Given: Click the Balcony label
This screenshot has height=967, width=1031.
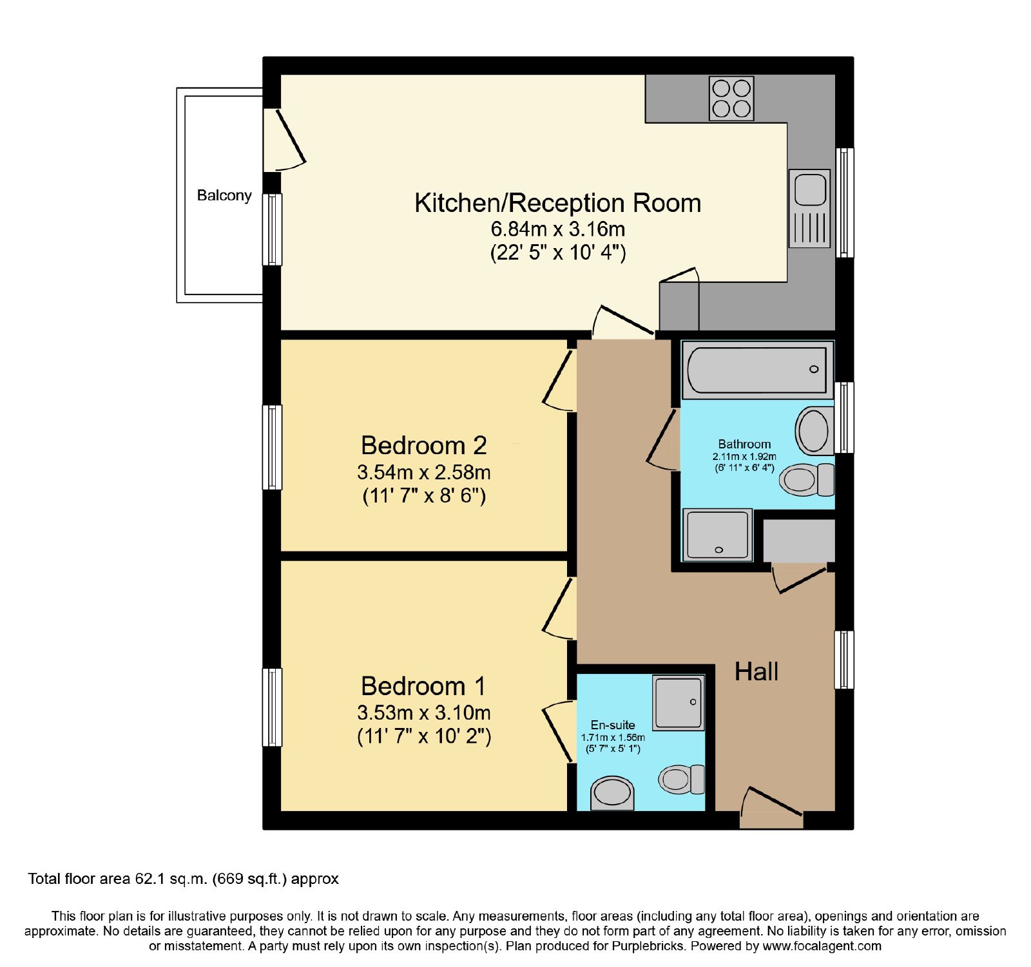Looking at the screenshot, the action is coord(224,196).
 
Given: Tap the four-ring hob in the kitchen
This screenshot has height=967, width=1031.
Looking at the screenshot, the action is coord(731,99).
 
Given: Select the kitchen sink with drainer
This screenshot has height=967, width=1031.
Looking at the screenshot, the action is coord(809,209).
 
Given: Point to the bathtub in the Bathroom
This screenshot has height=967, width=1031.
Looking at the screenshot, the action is coord(757,370).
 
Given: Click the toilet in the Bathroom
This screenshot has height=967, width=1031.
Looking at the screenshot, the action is coord(807,479).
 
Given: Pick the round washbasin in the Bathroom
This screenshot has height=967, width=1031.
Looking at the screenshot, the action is coord(814,430).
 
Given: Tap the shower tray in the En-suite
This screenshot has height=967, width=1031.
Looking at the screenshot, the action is coord(678,702).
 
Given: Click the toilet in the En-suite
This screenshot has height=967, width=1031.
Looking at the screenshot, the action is coord(682,780).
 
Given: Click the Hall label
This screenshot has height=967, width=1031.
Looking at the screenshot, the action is coord(756,672).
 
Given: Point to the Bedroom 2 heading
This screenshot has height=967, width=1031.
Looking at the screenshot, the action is coord(423,445).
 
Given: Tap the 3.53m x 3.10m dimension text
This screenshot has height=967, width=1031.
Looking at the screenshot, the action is coord(424,713).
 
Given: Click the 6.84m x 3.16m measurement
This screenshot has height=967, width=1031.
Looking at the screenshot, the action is coord(558,229).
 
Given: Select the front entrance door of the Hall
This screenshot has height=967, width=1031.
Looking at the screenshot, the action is coord(771,808).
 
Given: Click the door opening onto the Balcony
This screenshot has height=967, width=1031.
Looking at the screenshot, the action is coord(284,140).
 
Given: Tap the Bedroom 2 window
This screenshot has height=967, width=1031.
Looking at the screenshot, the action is coord(272,447).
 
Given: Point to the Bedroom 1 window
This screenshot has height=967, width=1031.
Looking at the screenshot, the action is coord(272,707).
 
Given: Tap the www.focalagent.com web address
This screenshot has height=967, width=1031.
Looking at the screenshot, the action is coord(822,946).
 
